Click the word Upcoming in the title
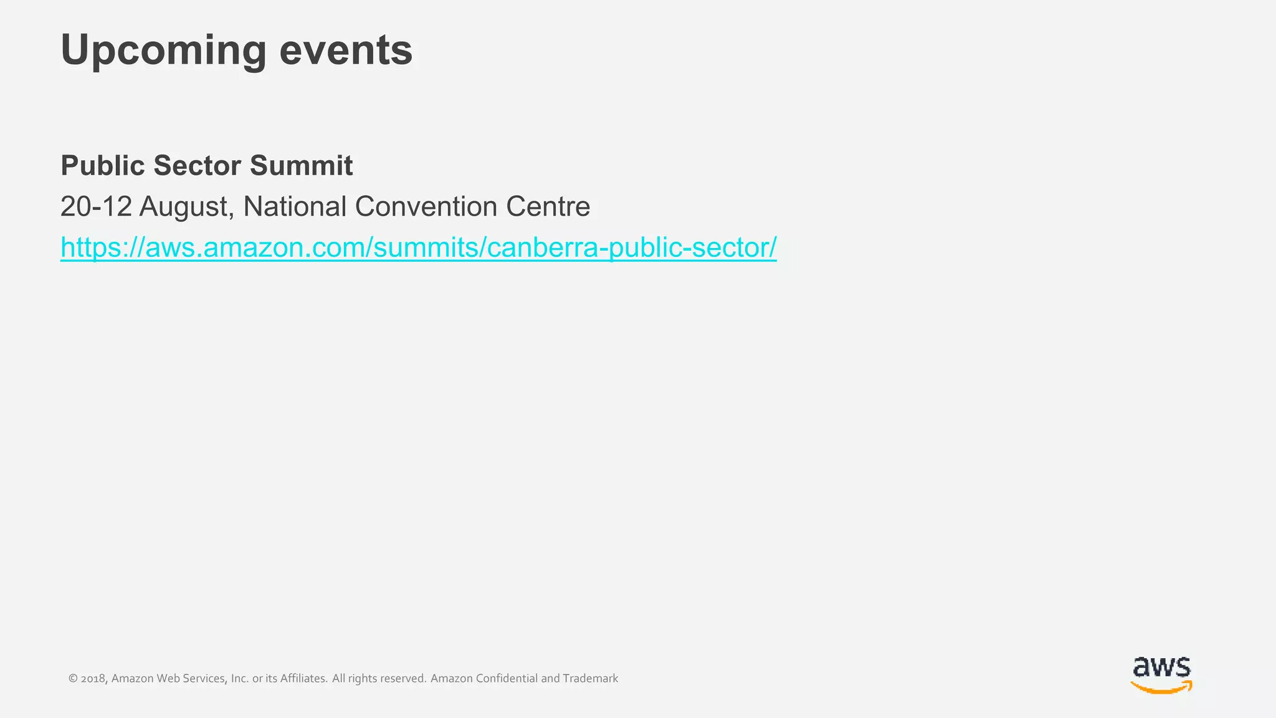click(x=163, y=50)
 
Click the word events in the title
click(x=346, y=50)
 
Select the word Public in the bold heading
click(x=103, y=166)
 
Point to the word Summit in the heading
click(x=302, y=166)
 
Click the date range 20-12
click(x=96, y=206)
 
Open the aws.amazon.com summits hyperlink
click(x=418, y=247)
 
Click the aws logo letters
click(x=1161, y=668)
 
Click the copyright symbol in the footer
click(x=73, y=679)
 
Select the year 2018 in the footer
click(x=94, y=679)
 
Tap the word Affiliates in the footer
click(x=303, y=678)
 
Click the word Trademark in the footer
click(x=590, y=678)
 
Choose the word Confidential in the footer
click(x=507, y=678)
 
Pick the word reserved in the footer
click(x=402, y=678)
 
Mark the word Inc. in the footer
click(x=239, y=678)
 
